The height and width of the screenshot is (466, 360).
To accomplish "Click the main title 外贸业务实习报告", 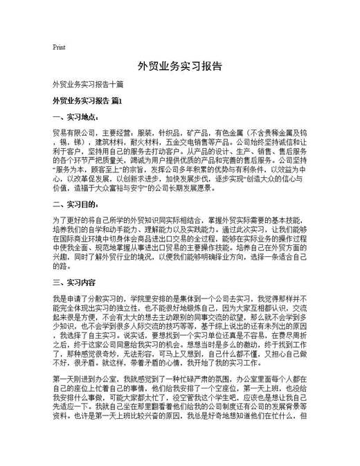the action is coord(179,67).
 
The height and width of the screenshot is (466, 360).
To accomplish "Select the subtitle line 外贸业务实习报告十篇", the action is coord(88,85).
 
